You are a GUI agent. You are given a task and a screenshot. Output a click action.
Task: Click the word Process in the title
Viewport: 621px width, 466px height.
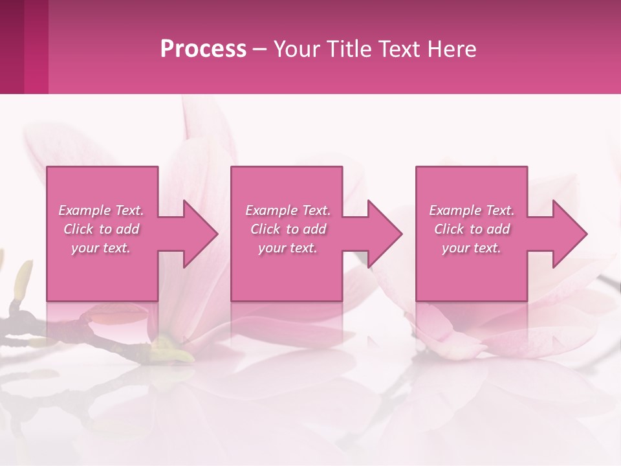tap(203, 49)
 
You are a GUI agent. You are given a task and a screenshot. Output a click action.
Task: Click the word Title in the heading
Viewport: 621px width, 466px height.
tap(350, 49)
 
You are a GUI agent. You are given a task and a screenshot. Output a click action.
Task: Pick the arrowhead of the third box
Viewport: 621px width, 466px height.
tap(565, 234)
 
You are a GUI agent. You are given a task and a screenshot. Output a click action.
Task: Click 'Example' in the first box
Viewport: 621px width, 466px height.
tap(85, 210)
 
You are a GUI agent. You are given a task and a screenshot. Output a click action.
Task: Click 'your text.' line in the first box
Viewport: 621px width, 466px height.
tap(101, 249)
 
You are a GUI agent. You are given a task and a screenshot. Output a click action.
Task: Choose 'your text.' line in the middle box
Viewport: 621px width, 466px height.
tap(288, 249)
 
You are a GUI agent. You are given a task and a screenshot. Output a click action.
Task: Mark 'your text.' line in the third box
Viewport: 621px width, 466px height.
tap(472, 249)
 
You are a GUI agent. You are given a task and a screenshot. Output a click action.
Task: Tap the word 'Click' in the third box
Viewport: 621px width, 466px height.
tap(450, 229)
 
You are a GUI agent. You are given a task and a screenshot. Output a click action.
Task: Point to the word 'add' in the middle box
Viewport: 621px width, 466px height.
tap(314, 229)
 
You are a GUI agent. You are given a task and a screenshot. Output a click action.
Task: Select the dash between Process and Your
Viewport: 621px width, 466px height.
tap(260, 49)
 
